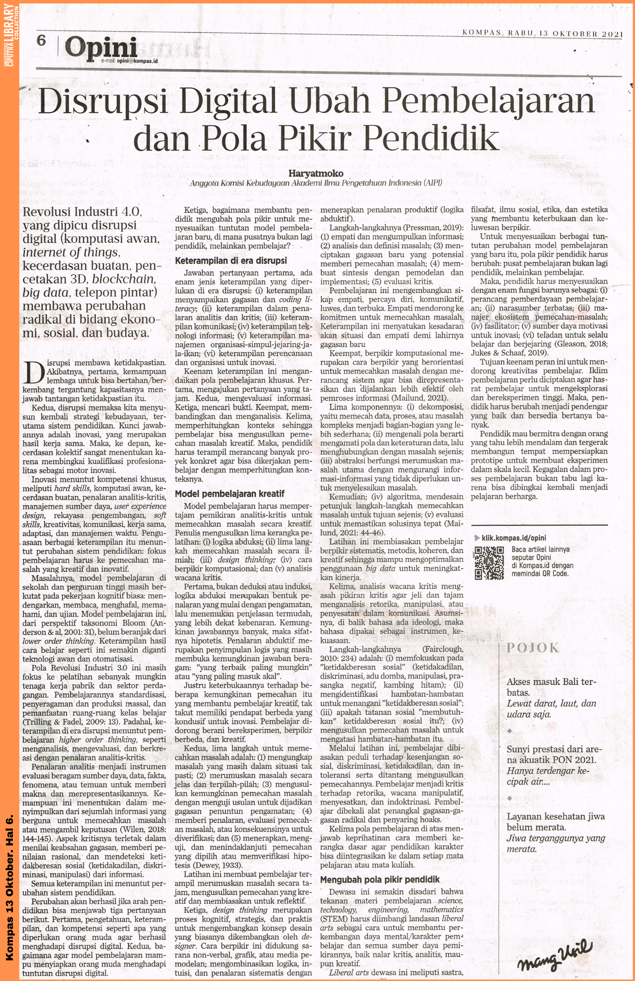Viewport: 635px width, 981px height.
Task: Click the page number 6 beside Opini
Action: click(x=41, y=40)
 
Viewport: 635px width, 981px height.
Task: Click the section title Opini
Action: click(x=100, y=47)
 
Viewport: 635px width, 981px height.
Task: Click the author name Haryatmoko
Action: click(x=315, y=174)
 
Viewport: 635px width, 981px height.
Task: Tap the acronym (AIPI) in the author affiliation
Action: click(x=433, y=183)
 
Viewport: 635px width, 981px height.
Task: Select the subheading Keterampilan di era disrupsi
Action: click(x=231, y=260)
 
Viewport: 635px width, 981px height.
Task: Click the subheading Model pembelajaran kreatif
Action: click(x=230, y=493)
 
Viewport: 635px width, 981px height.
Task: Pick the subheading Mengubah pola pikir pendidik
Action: click(x=380, y=879)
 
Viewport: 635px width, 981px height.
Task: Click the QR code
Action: click(x=488, y=562)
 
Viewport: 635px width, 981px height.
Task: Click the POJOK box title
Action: click(x=533, y=648)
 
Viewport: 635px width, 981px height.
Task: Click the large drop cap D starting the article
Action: click(x=33, y=372)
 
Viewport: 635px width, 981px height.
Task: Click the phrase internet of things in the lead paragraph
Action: click(x=70, y=252)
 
